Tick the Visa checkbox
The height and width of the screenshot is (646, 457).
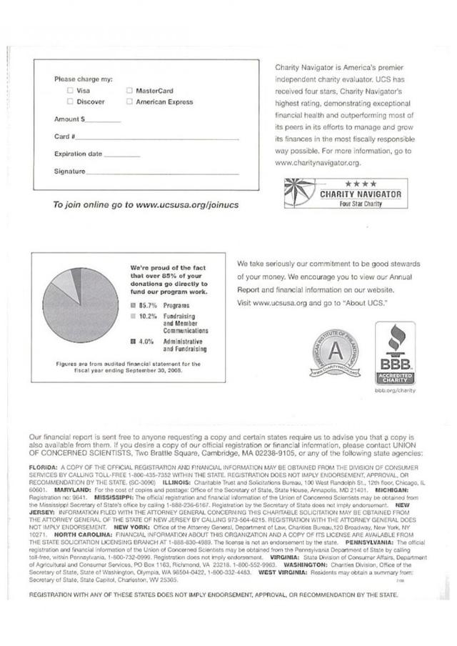[x=69, y=91]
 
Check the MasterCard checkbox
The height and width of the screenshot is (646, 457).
[x=129, y=91]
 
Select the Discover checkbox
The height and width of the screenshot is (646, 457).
[x=69, y=102]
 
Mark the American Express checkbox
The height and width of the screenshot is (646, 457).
[x=129, y=102]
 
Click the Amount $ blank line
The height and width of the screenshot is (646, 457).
[x=104, y=121]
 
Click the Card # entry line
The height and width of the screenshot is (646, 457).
[x=157, y=138]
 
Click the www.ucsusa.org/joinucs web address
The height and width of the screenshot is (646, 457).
[x=187, y=204]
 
